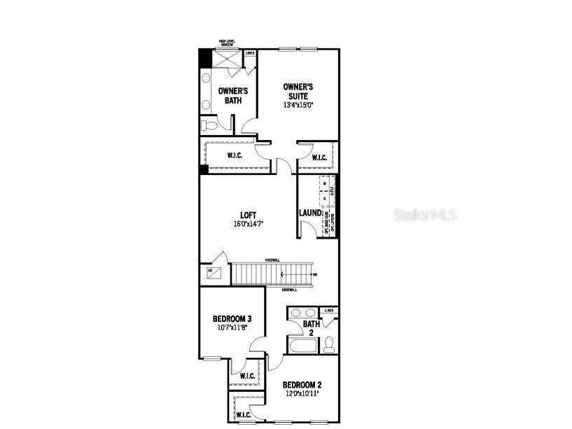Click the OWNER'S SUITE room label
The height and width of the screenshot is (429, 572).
[x=298, y=91]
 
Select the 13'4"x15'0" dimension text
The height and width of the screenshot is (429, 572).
[x=298, y=105]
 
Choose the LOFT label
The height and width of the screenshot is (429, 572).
[x=249, y=216]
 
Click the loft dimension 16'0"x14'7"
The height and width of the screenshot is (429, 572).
[x=249, y=225]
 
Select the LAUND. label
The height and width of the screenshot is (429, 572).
[x=311, y=213]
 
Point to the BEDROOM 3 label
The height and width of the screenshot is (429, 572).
[x=232, y=319]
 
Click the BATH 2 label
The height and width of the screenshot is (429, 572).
[x=311, y=328]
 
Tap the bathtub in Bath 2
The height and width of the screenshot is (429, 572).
[x=302, y=345]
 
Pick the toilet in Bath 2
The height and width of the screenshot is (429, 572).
[x=329, y=344]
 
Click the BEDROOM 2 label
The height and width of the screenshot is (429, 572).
[x=302, y=385]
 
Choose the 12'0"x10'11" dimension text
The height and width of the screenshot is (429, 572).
[x=302, y=394]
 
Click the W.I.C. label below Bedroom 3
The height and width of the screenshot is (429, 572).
[x=247, y=376]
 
